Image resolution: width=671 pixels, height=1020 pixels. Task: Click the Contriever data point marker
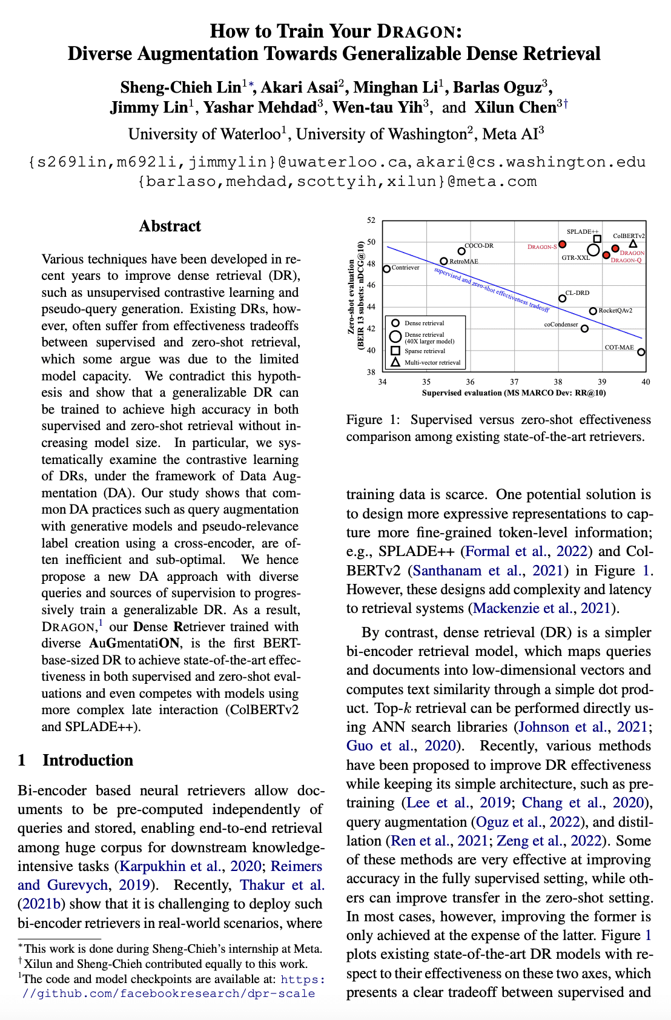[387, 269]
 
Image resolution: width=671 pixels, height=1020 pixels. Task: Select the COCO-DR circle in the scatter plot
[461, 251]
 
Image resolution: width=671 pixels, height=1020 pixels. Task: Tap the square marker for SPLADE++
[597, 239]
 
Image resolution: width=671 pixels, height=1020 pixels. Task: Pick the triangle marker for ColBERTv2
[633, 244]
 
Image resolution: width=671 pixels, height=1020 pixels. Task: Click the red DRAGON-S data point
[562, 244]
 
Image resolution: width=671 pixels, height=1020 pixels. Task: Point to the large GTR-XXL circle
[593, 250]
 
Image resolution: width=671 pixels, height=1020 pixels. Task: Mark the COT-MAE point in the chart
[641, 352]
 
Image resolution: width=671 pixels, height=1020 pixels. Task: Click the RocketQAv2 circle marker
[593, 311]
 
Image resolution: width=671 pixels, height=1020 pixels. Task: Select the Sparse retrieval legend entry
[425, 351]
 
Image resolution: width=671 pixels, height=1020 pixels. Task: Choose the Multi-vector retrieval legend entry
[432, 362]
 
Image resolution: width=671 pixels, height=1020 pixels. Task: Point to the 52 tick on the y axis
[371, 220]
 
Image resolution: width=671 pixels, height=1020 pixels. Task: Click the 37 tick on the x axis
[514, 382]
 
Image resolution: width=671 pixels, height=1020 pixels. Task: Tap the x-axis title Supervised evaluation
[514, 392]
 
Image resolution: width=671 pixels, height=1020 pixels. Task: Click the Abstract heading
[170, 226]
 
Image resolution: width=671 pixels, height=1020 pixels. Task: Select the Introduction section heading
[88, 760]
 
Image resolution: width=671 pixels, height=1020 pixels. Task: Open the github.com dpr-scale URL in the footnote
[170, 993]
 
